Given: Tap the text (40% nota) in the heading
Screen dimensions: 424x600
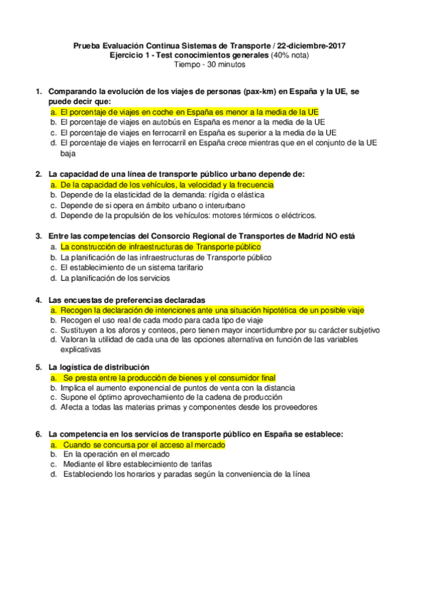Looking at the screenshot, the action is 290,54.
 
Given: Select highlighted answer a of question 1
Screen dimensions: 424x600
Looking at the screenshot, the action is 189,112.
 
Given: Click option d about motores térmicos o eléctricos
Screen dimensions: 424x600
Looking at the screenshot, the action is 188,215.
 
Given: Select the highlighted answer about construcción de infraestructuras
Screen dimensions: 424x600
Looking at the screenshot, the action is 161,246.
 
